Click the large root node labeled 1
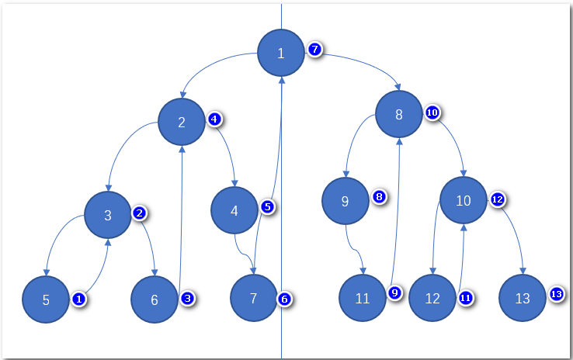tap(281, 53)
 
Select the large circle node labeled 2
tap(181, 122)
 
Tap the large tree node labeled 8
tap(398, 114)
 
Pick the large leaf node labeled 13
tap(523, 298)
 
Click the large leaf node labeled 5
tap(46, 299)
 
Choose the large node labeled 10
tap(464, 200)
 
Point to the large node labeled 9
tap(346, 201)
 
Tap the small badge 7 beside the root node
tap(314, 49)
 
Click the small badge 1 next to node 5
tap(78, 298)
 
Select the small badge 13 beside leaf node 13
tap(556, 294)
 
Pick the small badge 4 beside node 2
tap(215, 119)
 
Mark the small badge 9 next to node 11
tap(394, 292)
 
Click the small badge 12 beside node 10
tap(498, 199)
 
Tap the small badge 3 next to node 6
tap(186, 297)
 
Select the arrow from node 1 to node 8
tap(357, 62)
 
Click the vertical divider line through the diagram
tap(281, 334)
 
